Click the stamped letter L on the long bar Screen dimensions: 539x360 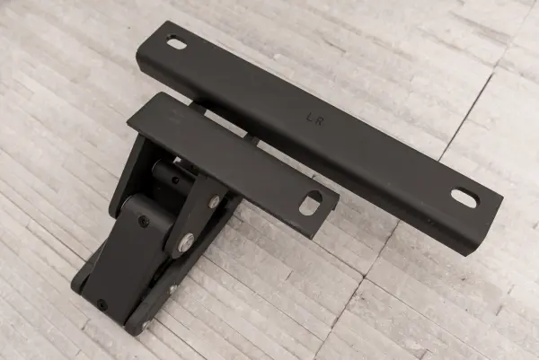(x=309, y=117)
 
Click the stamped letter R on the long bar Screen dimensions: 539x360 (x=319, y=120)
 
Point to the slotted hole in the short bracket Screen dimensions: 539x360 (x=311, y=203)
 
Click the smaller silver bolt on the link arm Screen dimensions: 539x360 (x=216, y=201)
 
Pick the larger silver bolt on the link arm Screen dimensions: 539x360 (x=187, y=240)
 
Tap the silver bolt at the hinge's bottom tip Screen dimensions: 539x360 (x=146, y=324)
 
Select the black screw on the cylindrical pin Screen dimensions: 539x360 (x=176, y=180)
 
